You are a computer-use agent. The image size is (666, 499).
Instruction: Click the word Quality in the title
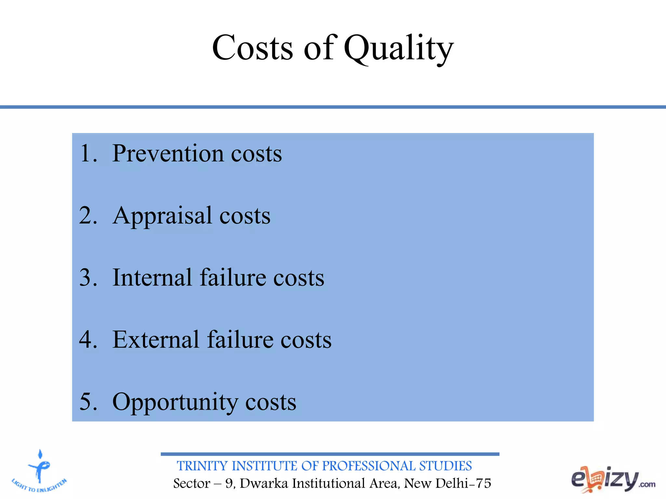pos(398,49)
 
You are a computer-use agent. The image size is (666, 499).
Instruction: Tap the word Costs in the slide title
pos(252,48)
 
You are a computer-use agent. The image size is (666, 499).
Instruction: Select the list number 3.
pos(88,278)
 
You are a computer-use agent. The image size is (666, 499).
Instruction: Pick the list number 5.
pos(88,402)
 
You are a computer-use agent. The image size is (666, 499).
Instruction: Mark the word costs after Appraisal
pos(245,216)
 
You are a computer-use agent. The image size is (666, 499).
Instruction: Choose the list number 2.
pos(88,215)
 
